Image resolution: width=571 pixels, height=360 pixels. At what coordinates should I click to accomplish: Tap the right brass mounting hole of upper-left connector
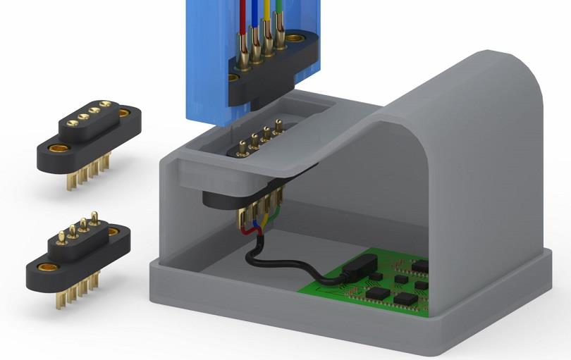tap(124, 112)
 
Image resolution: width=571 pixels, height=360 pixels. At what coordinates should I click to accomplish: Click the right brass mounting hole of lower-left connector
tap(113, 231)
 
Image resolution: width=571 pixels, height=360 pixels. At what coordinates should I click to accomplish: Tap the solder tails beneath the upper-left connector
tap(89, 172)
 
